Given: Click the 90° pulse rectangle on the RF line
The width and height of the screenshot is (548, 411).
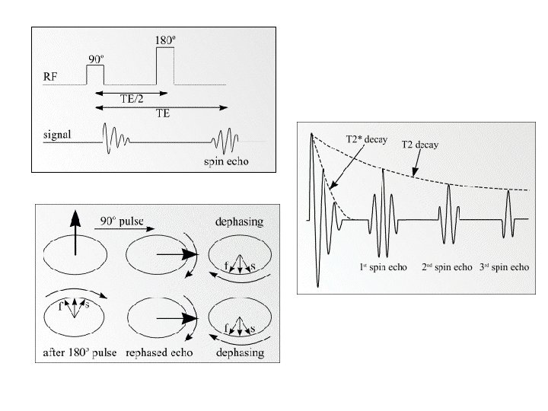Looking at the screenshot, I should coord(95,75).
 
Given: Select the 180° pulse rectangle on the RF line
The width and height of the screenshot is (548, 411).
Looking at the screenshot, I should coord(165,66).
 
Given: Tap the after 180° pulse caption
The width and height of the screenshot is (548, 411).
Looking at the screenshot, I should coord(77,353).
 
